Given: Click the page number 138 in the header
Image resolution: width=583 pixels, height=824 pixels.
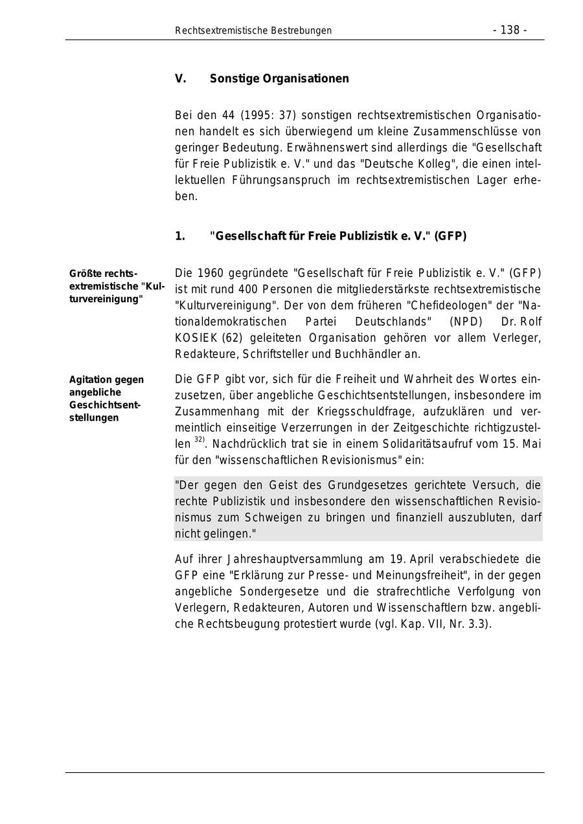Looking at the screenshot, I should click(x=510, y=30).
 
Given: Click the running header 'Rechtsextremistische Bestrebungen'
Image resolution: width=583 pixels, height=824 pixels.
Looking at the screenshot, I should click(x=253, y=30).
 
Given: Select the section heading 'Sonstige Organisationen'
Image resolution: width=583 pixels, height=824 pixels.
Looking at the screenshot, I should click(x=279, y=79).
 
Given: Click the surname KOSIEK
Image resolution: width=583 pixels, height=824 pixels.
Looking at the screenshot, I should click(x=197, y=338).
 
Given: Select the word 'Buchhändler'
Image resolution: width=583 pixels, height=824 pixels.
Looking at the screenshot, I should click(x=364, y=354).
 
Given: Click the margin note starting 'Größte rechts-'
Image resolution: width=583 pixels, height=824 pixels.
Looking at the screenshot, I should click(x=104, y=274).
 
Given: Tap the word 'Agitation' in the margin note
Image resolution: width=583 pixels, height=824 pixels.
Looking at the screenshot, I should click(x=89, y=380).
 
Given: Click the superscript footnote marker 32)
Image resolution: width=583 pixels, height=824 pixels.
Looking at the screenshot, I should click(x=199, y=440).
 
